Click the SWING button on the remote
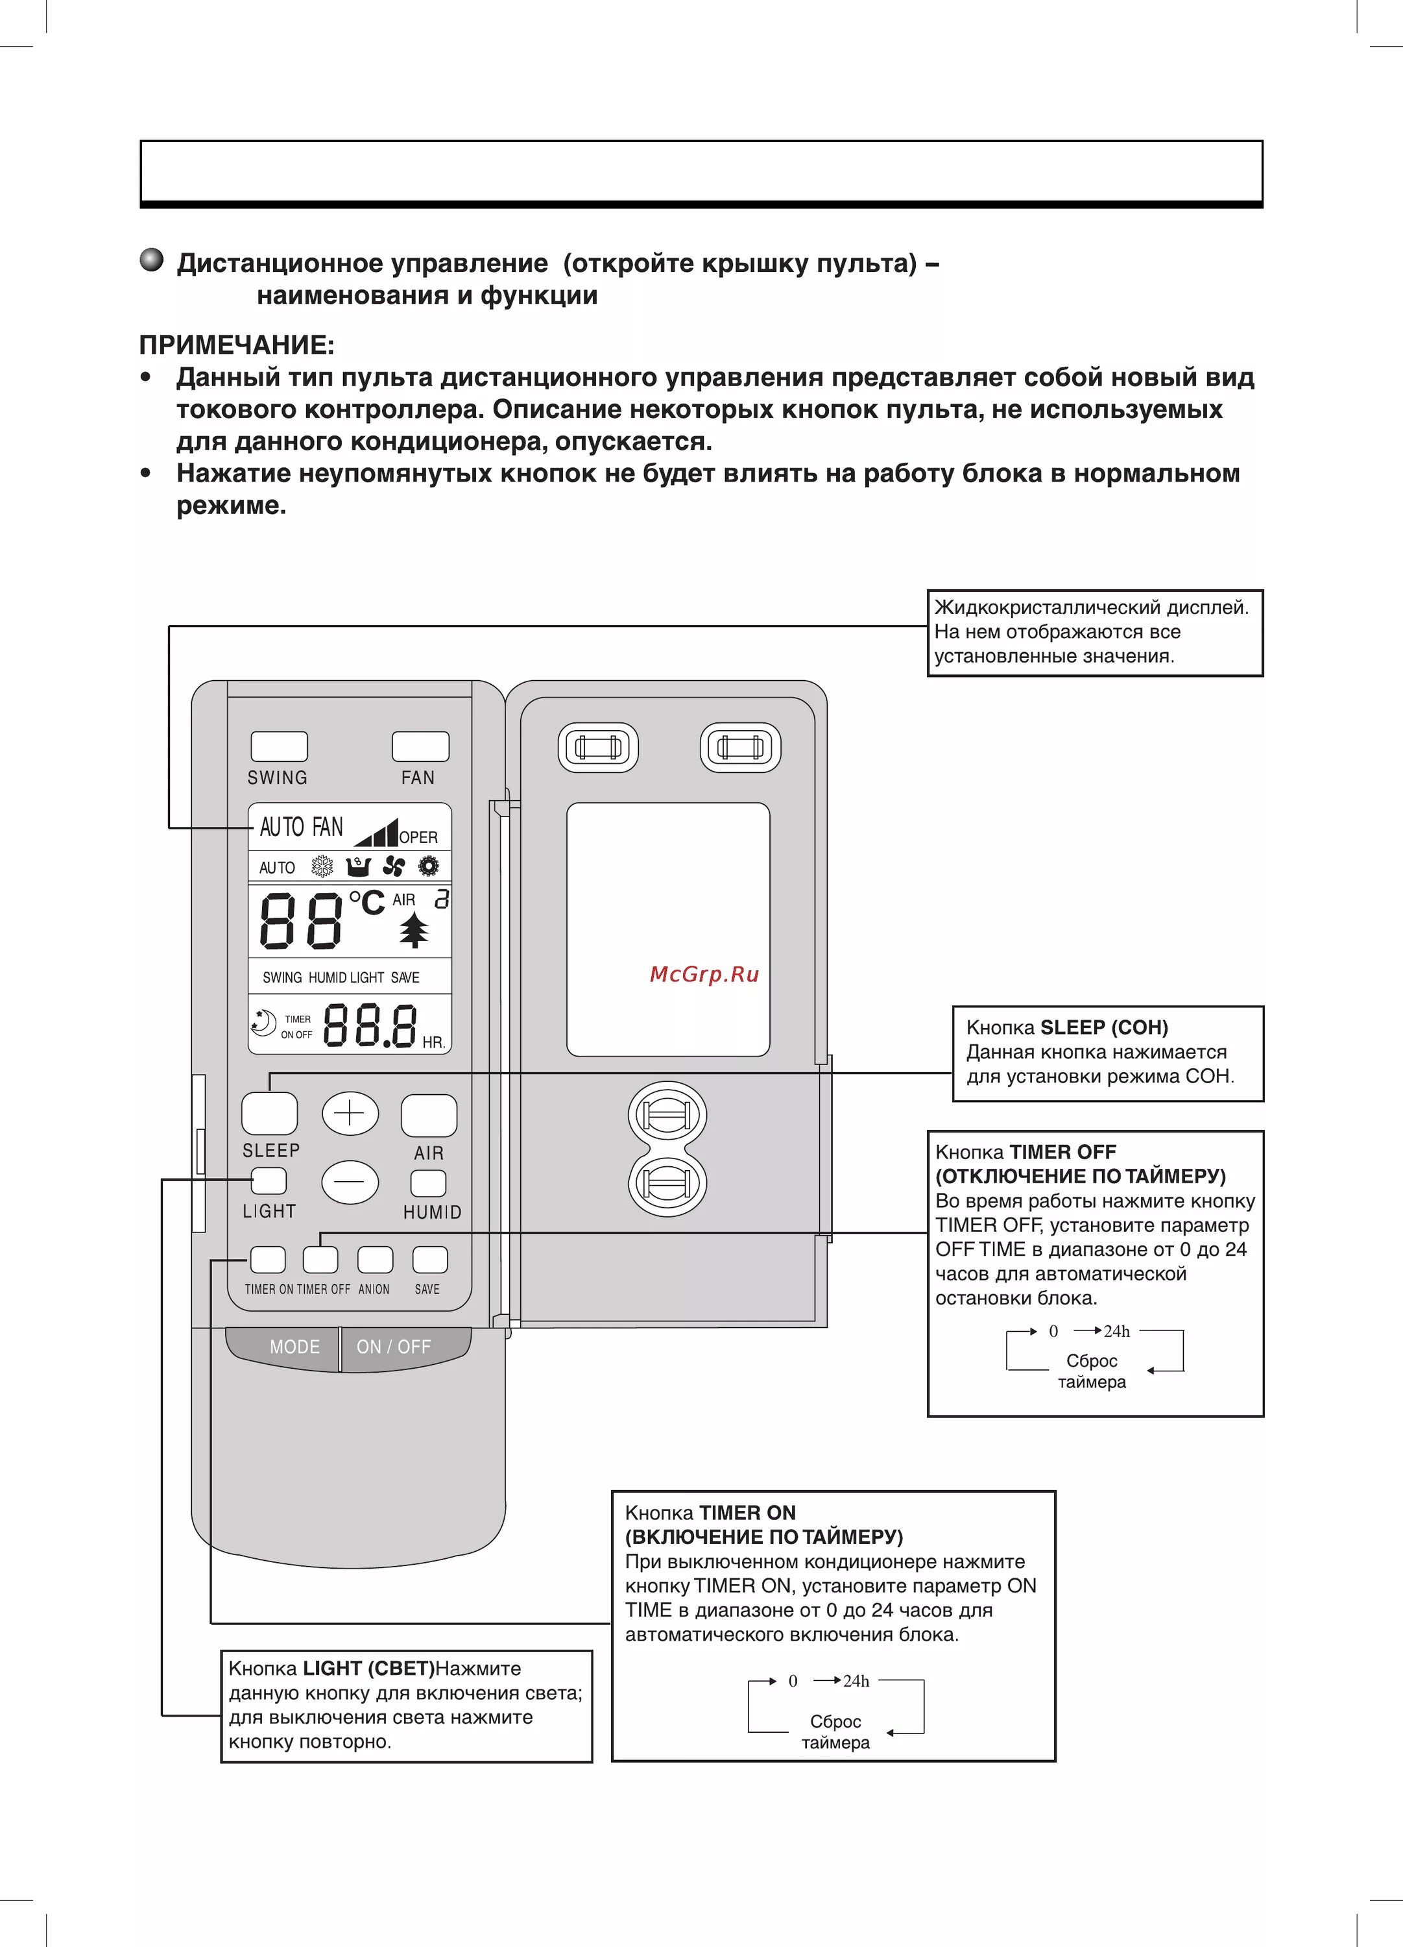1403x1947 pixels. (279, 746)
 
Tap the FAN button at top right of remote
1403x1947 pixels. (420, 746)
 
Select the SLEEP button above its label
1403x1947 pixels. (269, 1114)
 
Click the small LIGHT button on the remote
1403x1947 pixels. (269, 1181)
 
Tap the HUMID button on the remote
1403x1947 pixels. (428, 1183)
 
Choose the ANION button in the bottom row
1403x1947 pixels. (375, 1259)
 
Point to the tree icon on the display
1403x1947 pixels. (414, 930)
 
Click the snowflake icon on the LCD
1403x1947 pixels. (322, 866)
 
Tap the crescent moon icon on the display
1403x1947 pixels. (263, 1022)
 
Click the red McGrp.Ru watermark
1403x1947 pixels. (704, 974)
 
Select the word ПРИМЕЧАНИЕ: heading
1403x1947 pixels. (237, 345)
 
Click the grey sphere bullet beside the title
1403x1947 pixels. (152, 260)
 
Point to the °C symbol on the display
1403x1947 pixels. (366, 902)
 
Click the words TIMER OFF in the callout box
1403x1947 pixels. (1062, 1152)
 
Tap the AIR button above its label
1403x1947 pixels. (428, 1115)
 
